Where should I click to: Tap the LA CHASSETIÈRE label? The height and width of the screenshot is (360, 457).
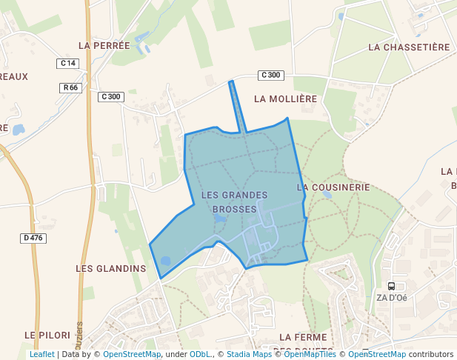(409, 47)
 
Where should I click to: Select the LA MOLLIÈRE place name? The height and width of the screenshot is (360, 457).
(285, 99)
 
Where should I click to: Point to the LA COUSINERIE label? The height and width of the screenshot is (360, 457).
(333, 187)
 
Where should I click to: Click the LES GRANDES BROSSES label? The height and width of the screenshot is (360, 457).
(234, 202)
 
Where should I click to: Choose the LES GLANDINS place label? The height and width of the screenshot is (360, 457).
(111, 267)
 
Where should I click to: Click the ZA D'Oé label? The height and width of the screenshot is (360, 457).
(392, 298)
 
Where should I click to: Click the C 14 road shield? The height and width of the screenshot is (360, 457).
(67, 64)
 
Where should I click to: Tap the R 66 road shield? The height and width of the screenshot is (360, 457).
(70, 87)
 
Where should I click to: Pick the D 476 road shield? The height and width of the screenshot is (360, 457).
(33, 238)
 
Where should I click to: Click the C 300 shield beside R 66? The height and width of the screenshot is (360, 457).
(110, 96)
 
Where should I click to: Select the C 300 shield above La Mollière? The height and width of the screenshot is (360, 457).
(271, 75)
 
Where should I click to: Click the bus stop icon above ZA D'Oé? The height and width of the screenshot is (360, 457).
(391, 286)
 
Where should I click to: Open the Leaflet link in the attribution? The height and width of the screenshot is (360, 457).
(41, 354)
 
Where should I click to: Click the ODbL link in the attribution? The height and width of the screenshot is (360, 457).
(200, 354)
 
